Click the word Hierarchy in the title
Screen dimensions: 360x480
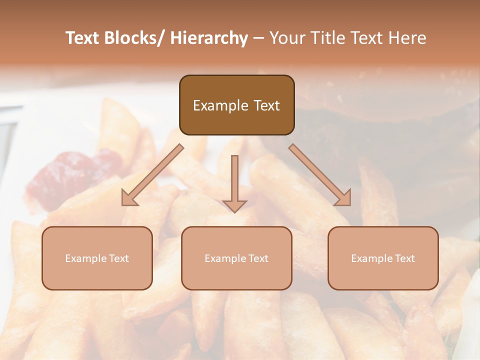[x=209, y=38]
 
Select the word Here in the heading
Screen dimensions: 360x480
[x=408, y=38]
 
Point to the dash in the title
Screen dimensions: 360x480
[x=258, y=38]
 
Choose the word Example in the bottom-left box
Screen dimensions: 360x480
[x=86, y=258]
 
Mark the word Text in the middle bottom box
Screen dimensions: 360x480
[x=257, y=258]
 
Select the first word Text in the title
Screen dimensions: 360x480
[x=83, y=38]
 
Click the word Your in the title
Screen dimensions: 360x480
[x=287, y=38]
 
